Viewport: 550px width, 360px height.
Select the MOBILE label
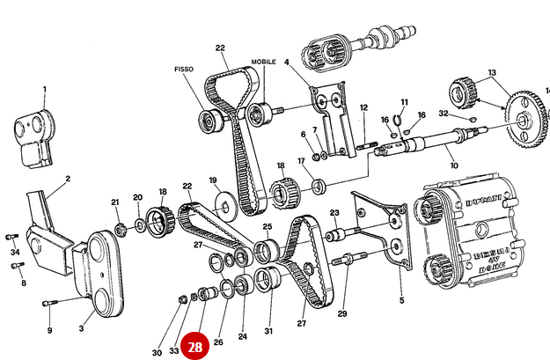(x=263, y=62)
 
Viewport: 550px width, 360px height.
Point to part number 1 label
(x=45, y=88)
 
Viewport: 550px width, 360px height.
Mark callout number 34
(x=15, y=252)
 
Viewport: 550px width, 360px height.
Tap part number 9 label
(x=49, y=330)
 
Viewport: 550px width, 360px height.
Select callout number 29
(x=342, y=313)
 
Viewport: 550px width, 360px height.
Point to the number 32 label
(x=445, y=114)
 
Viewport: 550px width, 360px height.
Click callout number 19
(x=213, y=180)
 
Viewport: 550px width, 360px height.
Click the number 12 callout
(x=363, y=107)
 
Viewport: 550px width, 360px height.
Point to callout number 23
(x=334, y=213)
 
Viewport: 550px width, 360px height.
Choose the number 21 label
(x=115, y=202)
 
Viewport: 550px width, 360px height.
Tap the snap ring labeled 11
(x=399, y=122)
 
